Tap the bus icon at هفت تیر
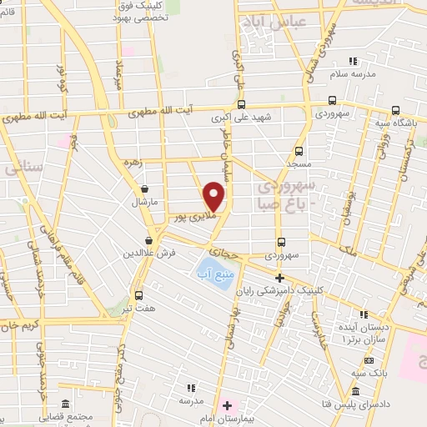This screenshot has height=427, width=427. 138,294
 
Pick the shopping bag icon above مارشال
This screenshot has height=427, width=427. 146,188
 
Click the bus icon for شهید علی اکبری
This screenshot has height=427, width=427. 241,104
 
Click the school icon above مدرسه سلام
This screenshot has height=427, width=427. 353,61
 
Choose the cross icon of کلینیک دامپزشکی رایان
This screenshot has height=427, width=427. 279,278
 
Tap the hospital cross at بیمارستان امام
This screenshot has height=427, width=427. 227,405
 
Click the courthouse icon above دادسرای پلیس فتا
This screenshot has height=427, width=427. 356,392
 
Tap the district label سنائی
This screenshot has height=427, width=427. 23,167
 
